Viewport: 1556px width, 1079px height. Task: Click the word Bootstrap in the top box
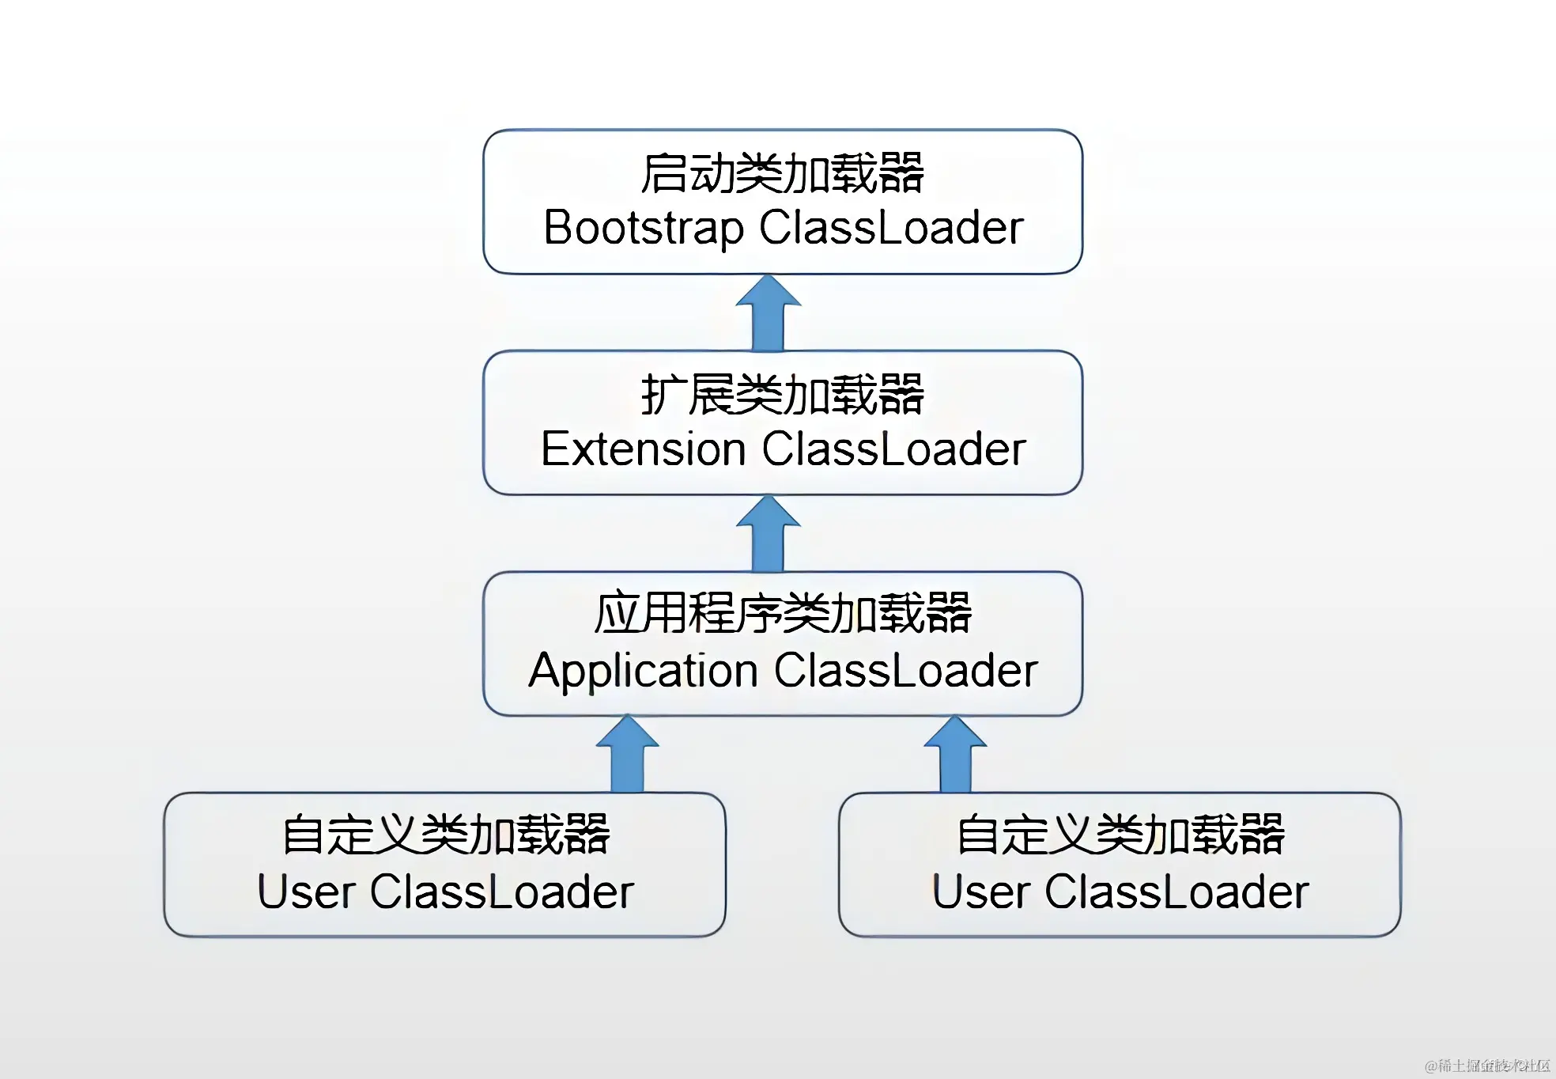pos(644,229)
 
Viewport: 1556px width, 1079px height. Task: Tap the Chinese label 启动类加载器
pos(782,173)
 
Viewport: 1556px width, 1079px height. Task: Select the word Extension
pos(643,449)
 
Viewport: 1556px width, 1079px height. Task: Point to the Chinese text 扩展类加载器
pos(782,395)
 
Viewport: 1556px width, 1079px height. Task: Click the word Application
pos(643,671)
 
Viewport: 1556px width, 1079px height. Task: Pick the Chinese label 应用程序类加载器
pos(782,614)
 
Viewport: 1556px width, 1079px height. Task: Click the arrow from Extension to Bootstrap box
pos(768,314)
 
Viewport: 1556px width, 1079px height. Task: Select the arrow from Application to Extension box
pos(768,535)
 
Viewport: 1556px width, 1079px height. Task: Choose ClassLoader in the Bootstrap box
pos(891,228)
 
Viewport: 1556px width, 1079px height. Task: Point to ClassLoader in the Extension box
pos(893,449)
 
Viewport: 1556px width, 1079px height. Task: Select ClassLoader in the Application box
pos(905,671)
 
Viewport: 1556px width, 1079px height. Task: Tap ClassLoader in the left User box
pos(502,892)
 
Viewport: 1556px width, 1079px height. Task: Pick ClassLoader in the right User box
pos(1176,892)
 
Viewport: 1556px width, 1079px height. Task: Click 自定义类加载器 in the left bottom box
pos(446,835)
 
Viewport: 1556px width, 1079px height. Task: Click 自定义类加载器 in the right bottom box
pos(1120,835)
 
